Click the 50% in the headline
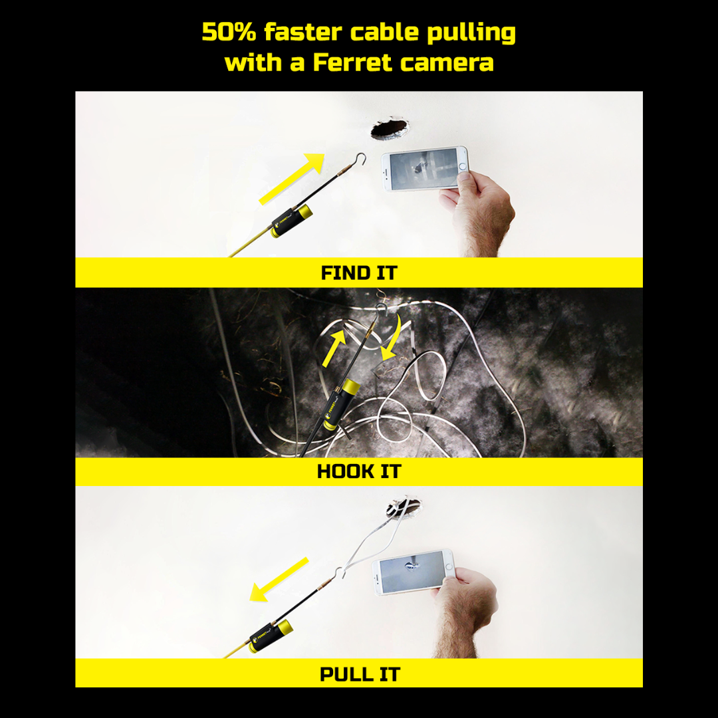click(x=229, y=33)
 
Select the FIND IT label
click(x=359, y=273)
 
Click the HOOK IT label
click(x=359, y=471)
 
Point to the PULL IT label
click(x=360, y=674)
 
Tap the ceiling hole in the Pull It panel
click(x=404, y=507)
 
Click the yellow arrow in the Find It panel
click(x=292, y=179)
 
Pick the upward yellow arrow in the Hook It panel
click(x=334, y=347)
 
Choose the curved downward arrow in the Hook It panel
click(x=393, y=338)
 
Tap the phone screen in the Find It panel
click(x=424, y=168)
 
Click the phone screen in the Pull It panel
click(x=412, y=572)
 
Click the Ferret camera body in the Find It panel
click(x=292, y=221)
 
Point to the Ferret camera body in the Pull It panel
click(x=271, y=636)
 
